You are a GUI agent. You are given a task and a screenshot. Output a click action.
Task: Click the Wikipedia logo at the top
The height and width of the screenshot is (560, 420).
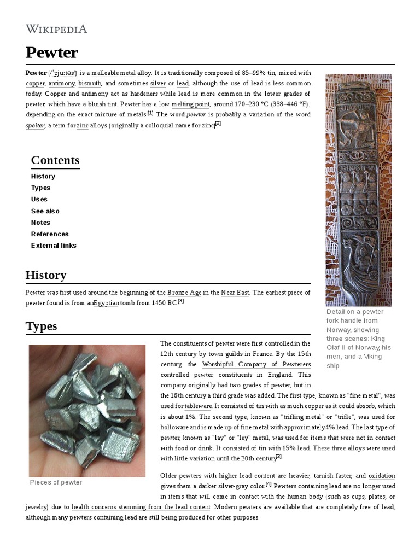pyautogui.click(x=56, y=29)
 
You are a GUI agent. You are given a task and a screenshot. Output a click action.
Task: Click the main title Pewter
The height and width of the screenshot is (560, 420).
pyautogui.click(x=51, y=53)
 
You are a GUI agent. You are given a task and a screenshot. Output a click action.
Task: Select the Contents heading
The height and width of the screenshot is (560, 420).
pyautogui.click(x=55, y=160)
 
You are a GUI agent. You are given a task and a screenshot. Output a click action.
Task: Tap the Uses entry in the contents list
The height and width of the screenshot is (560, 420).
pyautogui.click(x=39, y=199)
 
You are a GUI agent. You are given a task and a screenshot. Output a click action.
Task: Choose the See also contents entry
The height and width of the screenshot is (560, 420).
pyautogui.click(x=45, y=211)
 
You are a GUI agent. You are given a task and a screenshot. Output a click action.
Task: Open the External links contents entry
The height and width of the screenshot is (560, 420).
pyautogui.click(x=54, y=246)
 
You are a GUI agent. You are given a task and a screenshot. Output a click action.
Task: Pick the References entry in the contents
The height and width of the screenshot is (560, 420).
pyautogui.click(x=50, y=234)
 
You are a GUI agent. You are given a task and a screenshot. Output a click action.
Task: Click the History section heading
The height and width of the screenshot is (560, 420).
pyautogui.click(x=46, y=275)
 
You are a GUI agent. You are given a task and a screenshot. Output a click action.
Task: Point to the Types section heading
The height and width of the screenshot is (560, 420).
pyautogui.click(x=41, y=326)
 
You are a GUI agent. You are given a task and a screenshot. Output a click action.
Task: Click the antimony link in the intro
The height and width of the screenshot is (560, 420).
pyautogui.click(x=61, y=83)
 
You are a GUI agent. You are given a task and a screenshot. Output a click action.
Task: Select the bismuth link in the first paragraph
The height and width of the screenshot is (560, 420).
pyautogui.click(x=90, y=83)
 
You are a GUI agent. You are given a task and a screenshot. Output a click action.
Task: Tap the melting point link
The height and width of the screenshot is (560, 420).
pyautogui.click(x=190, y=104)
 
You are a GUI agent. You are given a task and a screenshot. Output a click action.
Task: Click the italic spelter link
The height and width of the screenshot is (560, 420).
pyautogui.click(x=35, y=125)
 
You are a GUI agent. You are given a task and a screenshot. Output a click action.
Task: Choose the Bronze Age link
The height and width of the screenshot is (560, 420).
pyautogui.click(x=184, y=293)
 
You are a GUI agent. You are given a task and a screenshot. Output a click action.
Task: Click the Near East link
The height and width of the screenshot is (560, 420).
pyautogui.click(x=235, y=293)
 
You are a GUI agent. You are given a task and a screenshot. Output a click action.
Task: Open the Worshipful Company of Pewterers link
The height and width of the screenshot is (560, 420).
pyautogui.click(x=256, y=364)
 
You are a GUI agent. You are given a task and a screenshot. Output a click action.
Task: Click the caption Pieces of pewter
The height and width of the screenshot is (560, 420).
pyautogui.click(x=56, y=482)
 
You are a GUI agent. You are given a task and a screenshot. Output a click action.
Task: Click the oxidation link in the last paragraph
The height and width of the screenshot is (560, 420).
pyautogui.click(x=382, y=476)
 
